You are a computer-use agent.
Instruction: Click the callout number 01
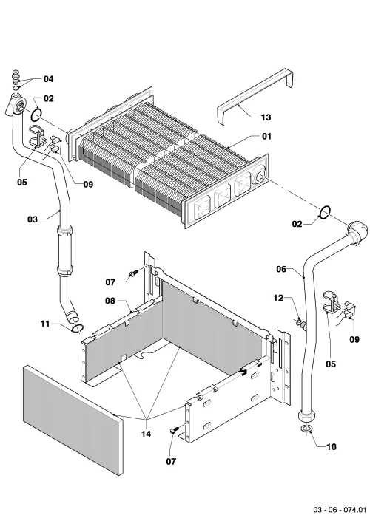[266, 136]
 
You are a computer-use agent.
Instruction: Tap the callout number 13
[266, 117]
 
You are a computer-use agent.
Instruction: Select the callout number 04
[48, 78]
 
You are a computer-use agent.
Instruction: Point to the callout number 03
[33, 219]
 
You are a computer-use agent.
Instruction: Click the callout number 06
[281, 269]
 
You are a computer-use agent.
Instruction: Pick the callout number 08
[110, 301]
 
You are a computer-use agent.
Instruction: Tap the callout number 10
[332, 446]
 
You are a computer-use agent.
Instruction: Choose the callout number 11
[45, 324]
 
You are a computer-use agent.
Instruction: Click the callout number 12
[278, 298]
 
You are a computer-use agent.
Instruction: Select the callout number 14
[146, 434]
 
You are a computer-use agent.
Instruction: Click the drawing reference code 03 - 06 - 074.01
[340, 510]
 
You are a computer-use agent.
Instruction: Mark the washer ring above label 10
[306, 429]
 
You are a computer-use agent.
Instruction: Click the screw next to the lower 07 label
[174, 429]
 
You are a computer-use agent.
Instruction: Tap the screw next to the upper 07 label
[134, 273]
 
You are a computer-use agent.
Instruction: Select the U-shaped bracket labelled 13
[255, 96]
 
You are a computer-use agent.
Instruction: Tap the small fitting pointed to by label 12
[300, 321]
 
